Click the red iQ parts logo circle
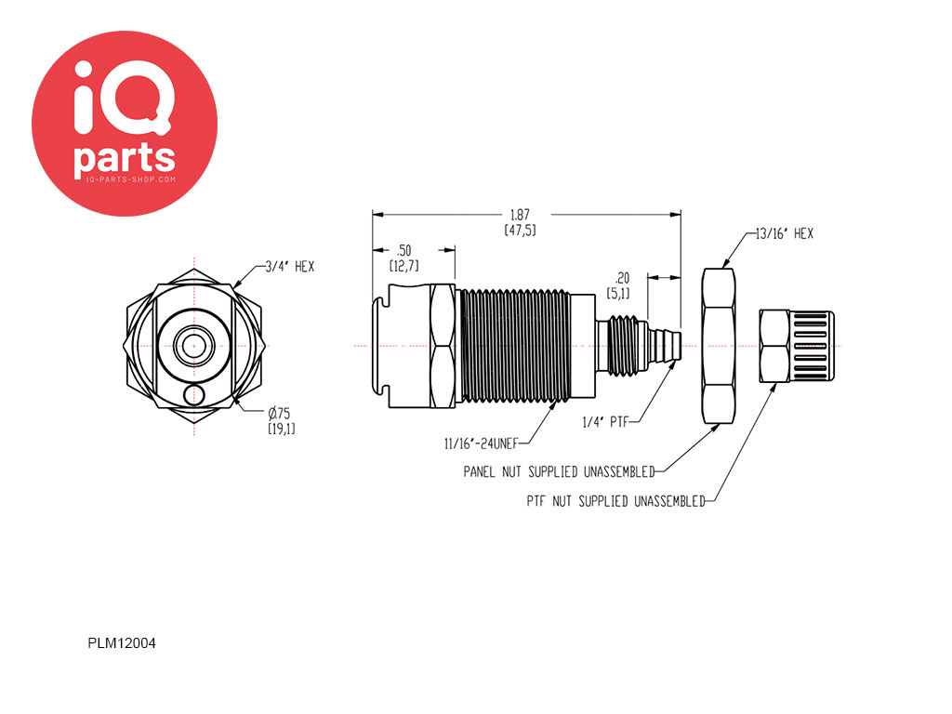[125, 124]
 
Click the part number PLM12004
[122, 643]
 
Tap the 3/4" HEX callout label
[290, 267]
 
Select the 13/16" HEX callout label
[784, 233]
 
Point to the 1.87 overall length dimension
[520, 215]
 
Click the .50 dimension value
[403, 250]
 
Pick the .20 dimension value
[622, 278]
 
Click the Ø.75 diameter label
[279, 414]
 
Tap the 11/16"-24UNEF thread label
[481, 443]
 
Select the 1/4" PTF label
[604, 422]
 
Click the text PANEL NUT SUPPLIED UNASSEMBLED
[559, 471]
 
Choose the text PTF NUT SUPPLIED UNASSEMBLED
[615, 501]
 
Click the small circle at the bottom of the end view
[193, 395]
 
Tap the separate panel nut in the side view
[719, 346]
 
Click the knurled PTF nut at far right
[797, 346]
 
